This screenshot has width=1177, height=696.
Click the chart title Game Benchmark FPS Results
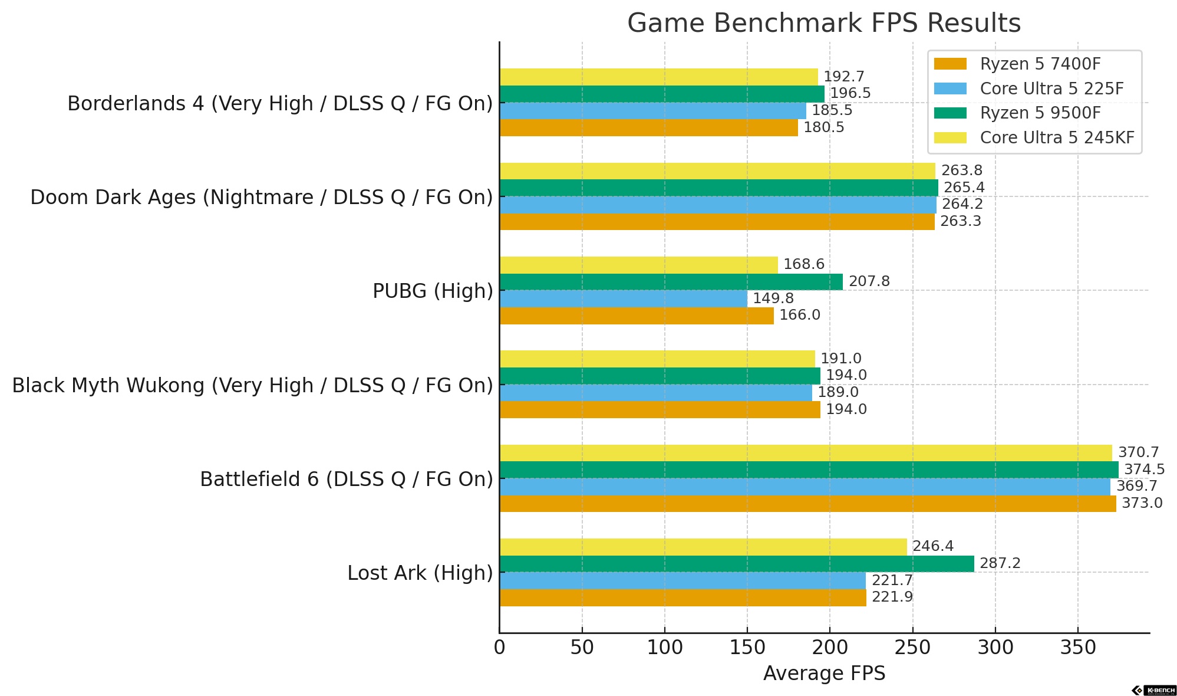823,24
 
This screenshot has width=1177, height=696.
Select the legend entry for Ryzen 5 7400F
1040,64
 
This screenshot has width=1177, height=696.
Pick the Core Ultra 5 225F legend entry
1051,88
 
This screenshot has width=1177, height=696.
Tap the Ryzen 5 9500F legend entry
1040,113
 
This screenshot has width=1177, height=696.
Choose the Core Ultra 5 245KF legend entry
1056,137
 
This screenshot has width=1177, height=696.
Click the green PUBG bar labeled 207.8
671,282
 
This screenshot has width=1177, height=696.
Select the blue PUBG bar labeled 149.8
623,299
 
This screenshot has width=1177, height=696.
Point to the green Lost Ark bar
736,564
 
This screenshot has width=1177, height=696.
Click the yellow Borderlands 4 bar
658,77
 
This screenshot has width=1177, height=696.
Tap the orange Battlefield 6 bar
807,504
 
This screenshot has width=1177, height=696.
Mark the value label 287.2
1000,564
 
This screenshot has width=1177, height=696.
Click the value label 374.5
1144,470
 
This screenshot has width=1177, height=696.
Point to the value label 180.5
823,128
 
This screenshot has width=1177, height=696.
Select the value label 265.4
964,188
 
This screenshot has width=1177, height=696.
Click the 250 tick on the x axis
912,648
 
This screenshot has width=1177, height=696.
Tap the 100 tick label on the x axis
664,648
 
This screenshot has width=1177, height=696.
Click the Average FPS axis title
823,674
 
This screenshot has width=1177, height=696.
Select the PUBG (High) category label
433,291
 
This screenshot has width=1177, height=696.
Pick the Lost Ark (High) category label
420,573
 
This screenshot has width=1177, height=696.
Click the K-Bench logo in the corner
1153,690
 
